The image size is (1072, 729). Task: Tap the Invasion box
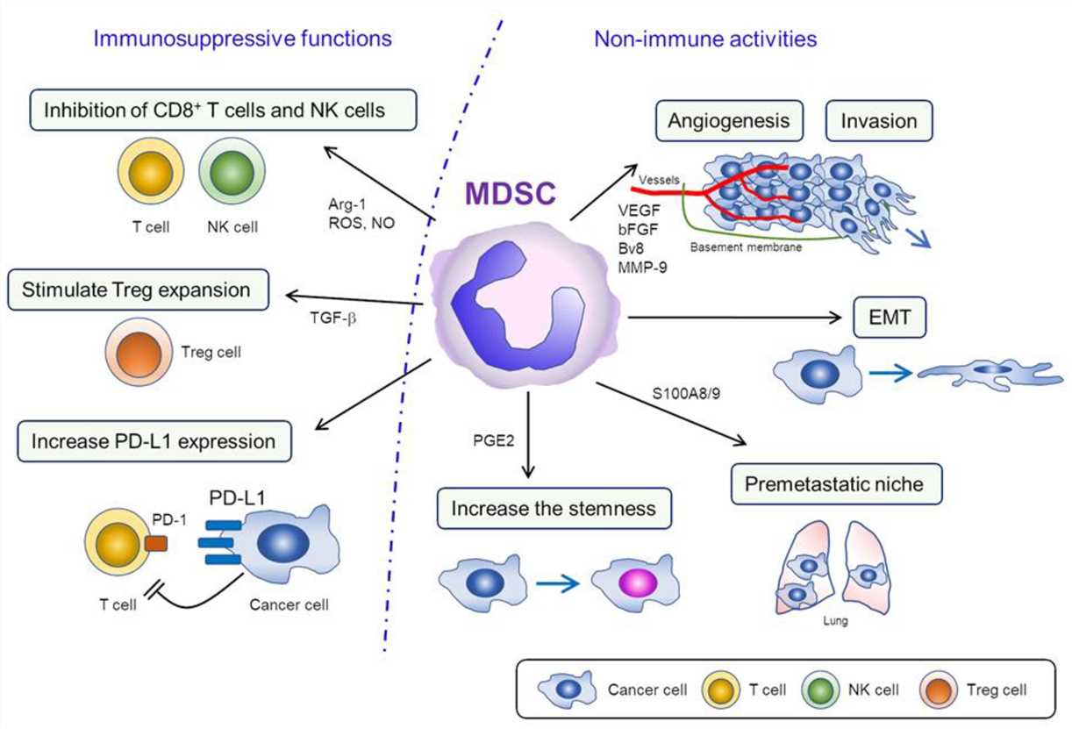pyautogui.click(x=880, y=121)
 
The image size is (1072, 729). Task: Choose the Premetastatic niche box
pyautogui.click(x=833, y=483)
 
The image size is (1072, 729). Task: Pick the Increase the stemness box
pyautogui.click(x=554, y=509)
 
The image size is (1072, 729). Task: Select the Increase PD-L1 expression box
pyautogui.click(x=154, y=440)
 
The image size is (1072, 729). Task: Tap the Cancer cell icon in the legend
pyautogui.click(x=560, y=689)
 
